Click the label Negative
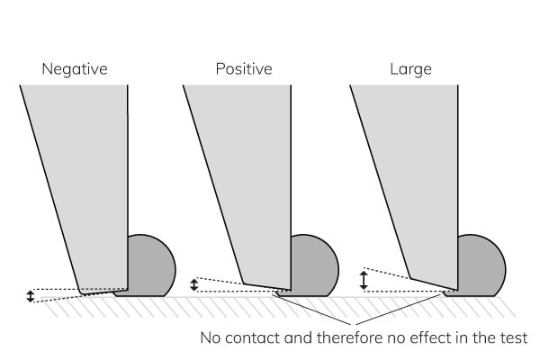[x=75, y=68]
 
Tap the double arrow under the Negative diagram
[x=30, y=295]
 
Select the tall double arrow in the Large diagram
[x=364, y=280]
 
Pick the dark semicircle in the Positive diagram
[x=312, y=265]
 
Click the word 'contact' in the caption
[x=256, y=339]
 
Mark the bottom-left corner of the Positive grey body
[x=243, y=281]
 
